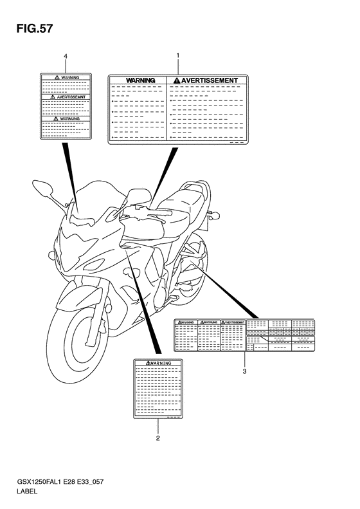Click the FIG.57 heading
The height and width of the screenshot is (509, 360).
click(x=30, y=29)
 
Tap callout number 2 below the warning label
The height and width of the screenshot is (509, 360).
click(x=157, y=439)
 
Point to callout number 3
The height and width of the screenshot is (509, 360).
click(x=244, y=371)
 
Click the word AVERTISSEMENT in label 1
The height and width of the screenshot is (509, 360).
click(x=209, y=80)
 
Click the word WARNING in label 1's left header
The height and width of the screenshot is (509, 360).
click(x=140, y=80)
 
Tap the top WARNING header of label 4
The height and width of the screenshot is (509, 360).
click(x=68, y=77)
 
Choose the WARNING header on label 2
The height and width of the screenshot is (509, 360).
click(x=159, y=364)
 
